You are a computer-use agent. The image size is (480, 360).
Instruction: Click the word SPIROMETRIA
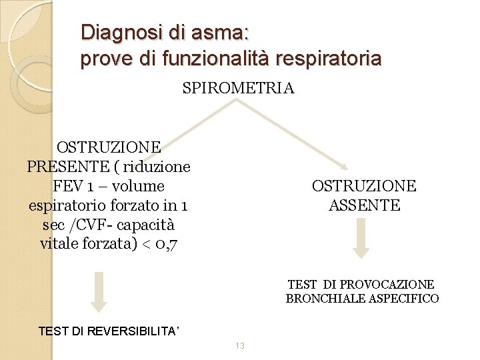pyautogui.click(x=238, y=88)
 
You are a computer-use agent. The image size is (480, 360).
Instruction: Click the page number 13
pyautogui.click(x=240, y=345)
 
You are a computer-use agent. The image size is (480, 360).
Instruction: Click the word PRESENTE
pyautogui.click(x=67, y=166)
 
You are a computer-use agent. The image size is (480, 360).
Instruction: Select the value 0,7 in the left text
pyautogui.click(x=162, y=244)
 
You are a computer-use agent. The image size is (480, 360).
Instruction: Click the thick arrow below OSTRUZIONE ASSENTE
pyautogui.click(x=361, y=239)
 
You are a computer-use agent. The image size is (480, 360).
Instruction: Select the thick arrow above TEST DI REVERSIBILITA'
pyautogui.click(x=99, y=291)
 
